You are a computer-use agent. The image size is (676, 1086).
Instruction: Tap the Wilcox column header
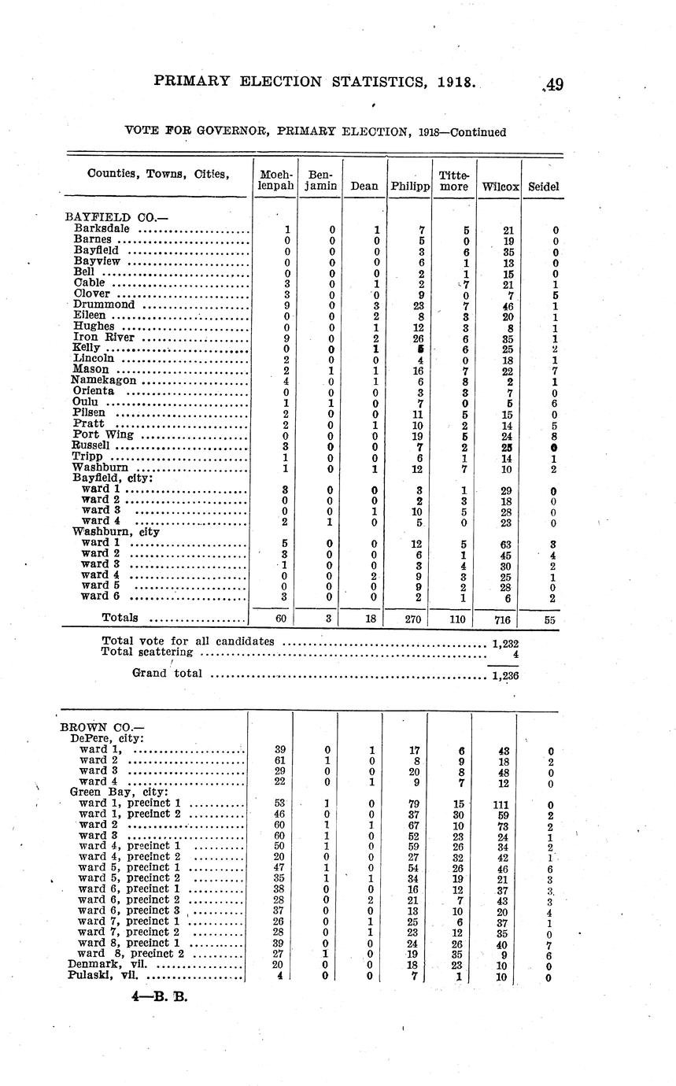pos(500,187)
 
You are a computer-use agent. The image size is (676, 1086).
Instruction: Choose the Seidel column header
pos(544,187)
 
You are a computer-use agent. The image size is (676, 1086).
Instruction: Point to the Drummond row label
pos(104,304)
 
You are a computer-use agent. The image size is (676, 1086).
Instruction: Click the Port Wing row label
pos(103,434)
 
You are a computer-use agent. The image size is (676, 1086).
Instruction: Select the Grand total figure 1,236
pos(504,675)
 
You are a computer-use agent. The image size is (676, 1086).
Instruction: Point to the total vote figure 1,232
pos(504,643)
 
